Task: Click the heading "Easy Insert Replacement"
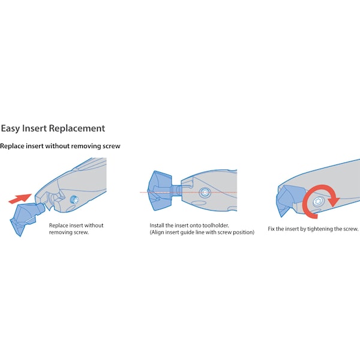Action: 53,128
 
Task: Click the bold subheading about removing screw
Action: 60,146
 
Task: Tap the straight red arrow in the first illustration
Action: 20,199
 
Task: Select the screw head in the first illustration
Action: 74,200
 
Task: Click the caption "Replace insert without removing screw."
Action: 76,229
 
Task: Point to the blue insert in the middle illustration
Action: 163,191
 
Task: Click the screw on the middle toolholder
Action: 205,193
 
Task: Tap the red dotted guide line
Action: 188,192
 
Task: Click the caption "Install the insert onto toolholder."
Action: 189,226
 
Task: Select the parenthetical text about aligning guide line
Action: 202,232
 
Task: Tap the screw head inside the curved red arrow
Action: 319,202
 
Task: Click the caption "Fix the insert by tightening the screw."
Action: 313,229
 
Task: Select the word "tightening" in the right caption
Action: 320,229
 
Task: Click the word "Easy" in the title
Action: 10,128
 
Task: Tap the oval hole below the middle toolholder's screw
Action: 199,203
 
